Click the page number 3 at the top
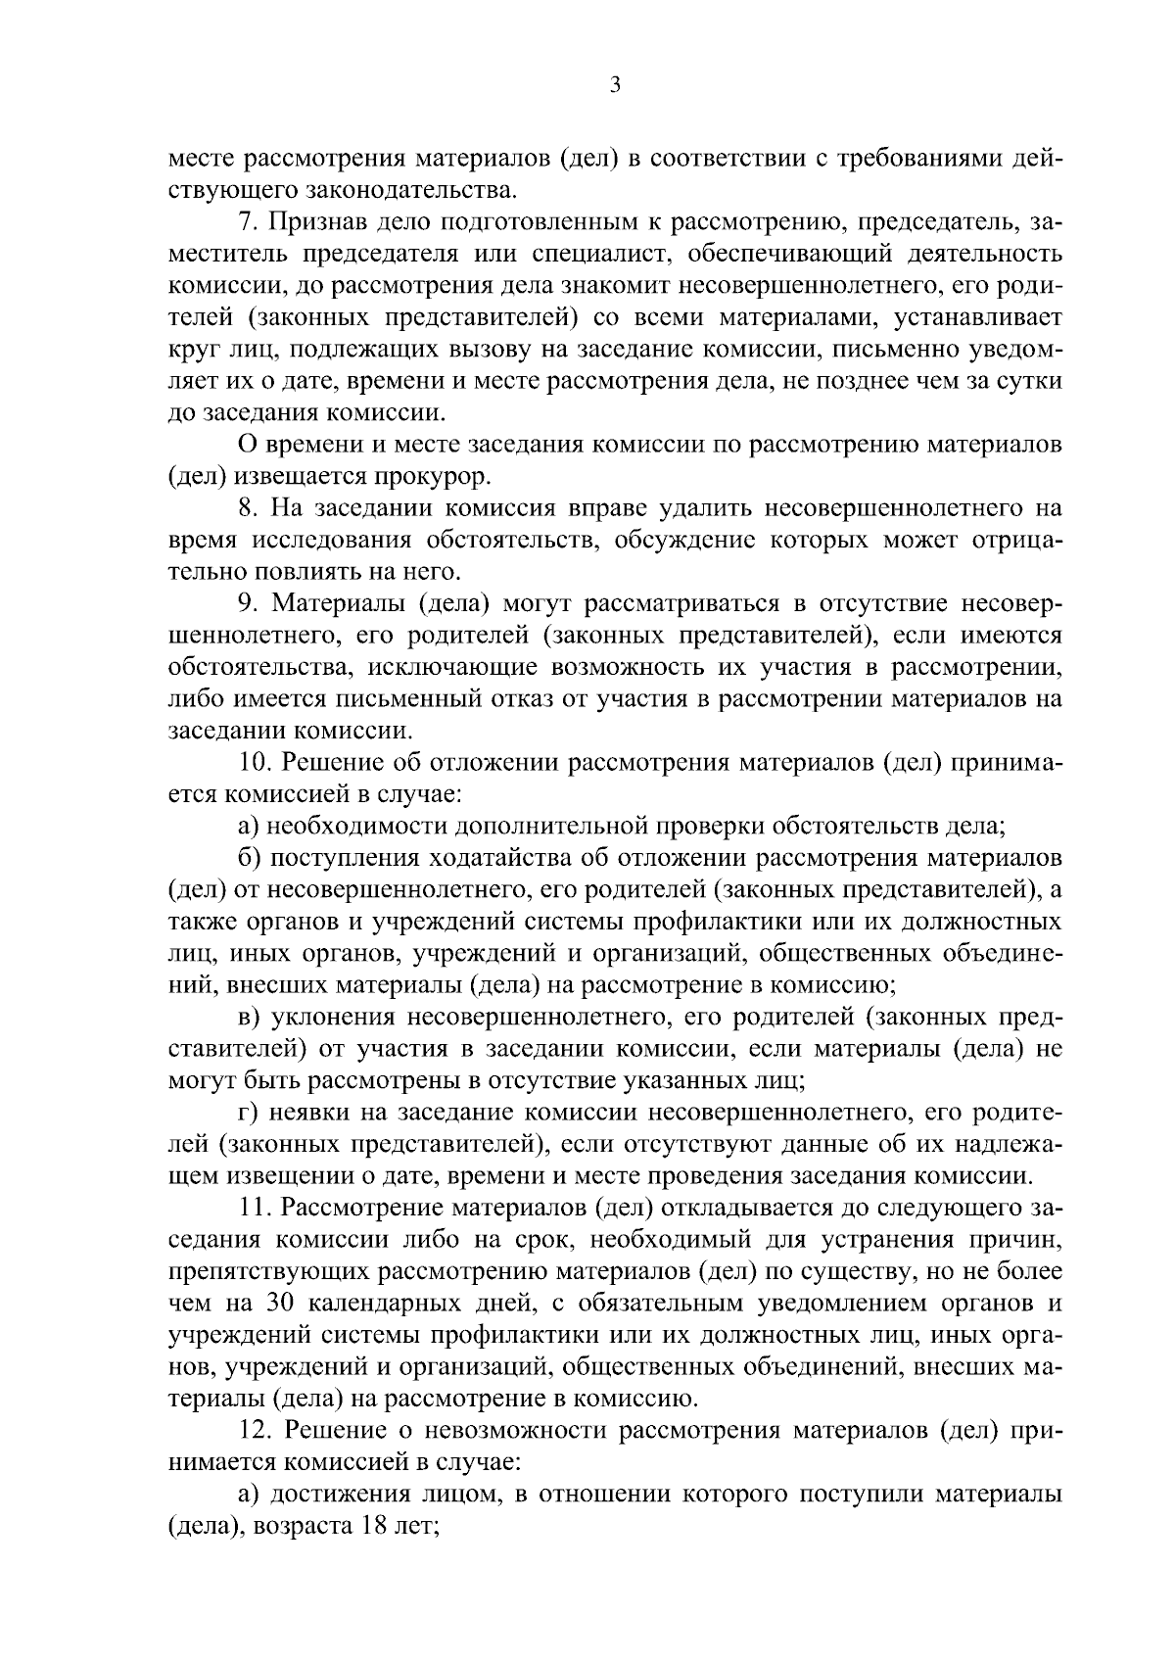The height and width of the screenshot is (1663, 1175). [x=614, y=85]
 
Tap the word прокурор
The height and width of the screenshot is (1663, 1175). [x=440, y=477]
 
